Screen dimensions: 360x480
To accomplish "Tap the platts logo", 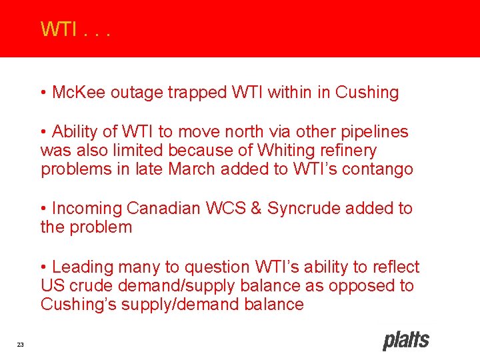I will (405, 341).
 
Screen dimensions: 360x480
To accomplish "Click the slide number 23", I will (21, 344).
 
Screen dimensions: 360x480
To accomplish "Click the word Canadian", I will (163, 209).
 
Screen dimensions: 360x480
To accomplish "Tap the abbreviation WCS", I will (227, 209).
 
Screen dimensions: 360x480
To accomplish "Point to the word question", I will (217, 267).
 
